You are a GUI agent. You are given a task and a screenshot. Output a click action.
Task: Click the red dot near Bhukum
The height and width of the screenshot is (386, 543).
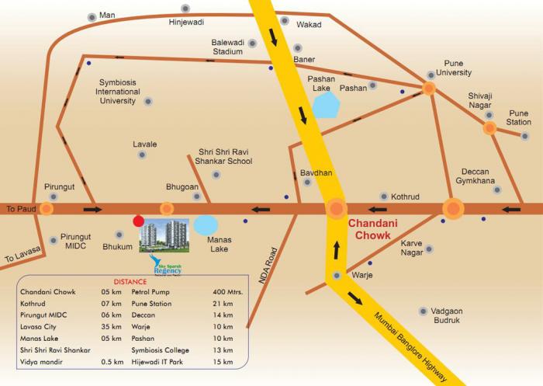point(138,220)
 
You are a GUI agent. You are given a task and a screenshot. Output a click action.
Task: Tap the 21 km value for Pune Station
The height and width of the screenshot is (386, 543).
point(223,303)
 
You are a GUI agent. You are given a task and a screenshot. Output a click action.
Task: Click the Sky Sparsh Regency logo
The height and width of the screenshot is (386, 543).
point(163,265)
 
